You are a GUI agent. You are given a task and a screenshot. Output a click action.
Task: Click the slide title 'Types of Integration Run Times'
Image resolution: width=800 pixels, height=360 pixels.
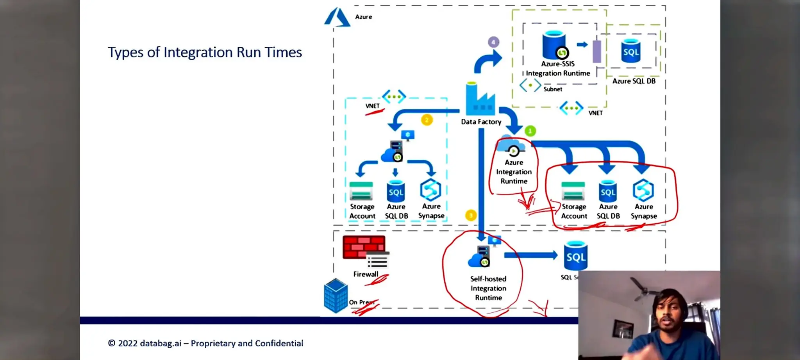coord(205,52)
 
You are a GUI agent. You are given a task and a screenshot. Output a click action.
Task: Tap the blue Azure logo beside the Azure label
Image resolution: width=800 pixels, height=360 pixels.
coord(337,18)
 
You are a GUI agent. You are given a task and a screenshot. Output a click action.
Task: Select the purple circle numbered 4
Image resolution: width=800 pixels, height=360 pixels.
coord(493,42)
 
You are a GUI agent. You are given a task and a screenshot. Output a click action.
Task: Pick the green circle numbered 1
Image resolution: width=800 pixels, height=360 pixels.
coord(530,131)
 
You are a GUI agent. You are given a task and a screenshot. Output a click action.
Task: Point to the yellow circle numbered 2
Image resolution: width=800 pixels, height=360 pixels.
coord(427,120)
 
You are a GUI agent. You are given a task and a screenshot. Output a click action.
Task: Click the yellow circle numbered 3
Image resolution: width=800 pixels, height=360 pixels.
coord(471,215)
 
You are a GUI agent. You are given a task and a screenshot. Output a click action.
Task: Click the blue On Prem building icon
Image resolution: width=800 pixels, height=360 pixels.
coord(336,296)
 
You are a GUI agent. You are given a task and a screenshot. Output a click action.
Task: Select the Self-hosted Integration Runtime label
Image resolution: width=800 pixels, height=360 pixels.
coord(488,288)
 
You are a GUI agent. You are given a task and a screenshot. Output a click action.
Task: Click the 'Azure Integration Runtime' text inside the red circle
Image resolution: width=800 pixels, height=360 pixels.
coord(514,172)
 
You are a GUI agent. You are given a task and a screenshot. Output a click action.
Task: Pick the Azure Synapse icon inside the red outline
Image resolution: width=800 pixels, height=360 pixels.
coord(643,190)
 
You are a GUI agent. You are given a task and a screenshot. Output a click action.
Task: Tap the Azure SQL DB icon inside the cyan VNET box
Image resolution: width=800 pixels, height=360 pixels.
coord(396,191)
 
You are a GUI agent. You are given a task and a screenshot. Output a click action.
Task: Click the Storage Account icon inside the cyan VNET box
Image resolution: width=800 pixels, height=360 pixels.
coord(361,191)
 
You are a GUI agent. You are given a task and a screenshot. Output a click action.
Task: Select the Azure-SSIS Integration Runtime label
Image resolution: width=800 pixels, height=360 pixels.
coord(557,69)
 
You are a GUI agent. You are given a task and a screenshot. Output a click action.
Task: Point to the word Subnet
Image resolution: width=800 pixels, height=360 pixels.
coord(553,89)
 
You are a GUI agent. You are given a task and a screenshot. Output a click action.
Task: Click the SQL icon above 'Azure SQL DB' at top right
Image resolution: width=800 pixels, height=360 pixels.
coord(630,51)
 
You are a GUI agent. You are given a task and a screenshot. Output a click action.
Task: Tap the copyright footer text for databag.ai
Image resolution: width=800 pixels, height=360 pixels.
coord(205,343)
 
